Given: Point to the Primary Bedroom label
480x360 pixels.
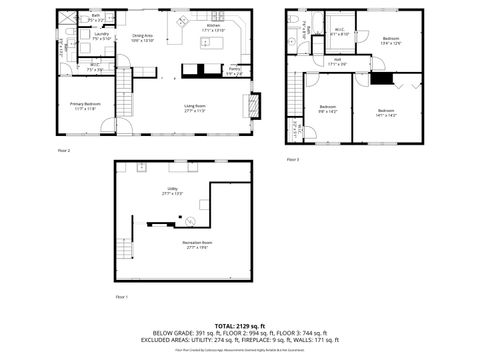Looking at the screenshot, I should [x=83, y=105].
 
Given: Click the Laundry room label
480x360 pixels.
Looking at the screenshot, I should [x=101, y=36].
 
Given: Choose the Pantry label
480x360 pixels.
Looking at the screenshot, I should [x=233, y=72].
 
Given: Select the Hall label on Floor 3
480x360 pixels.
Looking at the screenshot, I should [x=338, y=61].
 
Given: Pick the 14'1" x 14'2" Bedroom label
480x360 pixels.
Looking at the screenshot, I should [x=386, y=113].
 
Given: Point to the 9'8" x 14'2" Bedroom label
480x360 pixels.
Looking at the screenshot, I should [x=328, y=108].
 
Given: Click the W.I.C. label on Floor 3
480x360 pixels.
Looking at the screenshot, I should [x=339, y=31].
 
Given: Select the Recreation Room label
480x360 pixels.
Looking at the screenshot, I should [x=197, y=244].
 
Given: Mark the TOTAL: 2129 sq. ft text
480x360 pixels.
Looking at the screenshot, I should [x=239, y=325].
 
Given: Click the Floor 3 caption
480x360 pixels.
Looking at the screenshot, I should [x=292, y=159].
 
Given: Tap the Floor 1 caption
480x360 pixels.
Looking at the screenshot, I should [x=121, y=297].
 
